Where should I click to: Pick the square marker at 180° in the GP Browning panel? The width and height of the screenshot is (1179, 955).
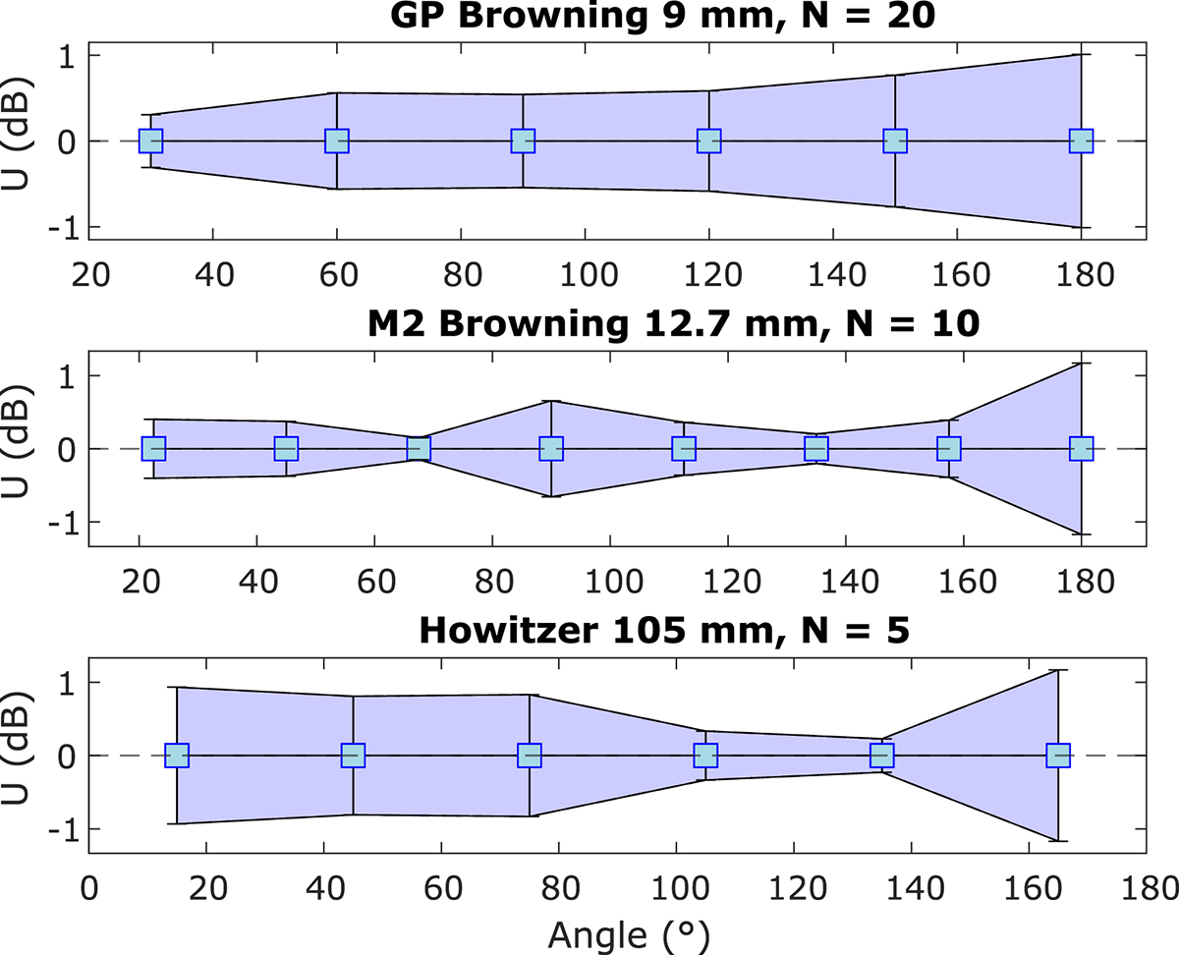(x=1081, y=140)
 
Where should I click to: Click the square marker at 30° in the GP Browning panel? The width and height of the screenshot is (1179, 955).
(x=150, y=140)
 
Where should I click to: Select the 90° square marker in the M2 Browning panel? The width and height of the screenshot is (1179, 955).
(x=551, y=448)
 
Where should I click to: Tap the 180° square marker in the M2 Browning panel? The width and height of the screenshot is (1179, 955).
(x=1081, y=448)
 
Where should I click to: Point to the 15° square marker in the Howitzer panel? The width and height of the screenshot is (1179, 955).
(x=177, y=756)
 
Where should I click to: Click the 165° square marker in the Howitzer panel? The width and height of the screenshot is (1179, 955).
(x=1058, y=756)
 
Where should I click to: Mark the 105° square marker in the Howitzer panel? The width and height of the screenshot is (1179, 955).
(x=705, y=756)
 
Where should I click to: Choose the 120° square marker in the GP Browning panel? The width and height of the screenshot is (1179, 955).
(x=709, y=140)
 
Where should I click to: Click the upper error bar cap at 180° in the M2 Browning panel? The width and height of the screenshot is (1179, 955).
(x=1081, y=364)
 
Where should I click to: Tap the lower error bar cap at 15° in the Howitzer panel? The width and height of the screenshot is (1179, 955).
(x=177, y=823)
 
